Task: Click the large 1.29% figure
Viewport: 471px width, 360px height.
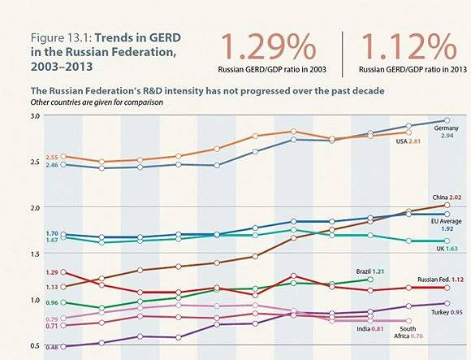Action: pyautogui.click(x=265, y=46)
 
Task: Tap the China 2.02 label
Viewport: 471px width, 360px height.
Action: pyautogui.click(x=446, y=197)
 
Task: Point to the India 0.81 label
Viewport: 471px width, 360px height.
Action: pyautogui.click(x=374, y=329)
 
